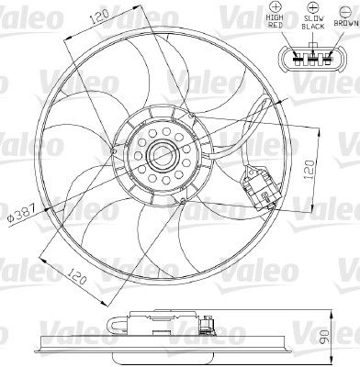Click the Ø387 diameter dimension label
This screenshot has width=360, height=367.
point(21,212)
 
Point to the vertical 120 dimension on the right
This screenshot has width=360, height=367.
point(309,169)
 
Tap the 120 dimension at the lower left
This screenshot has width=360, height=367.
point(75,277)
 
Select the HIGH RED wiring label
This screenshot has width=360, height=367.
point(275,21)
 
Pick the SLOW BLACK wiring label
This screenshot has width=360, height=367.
point(312,23)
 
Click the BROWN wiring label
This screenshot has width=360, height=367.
point(346,23)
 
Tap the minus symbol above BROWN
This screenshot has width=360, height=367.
point(346,11)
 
